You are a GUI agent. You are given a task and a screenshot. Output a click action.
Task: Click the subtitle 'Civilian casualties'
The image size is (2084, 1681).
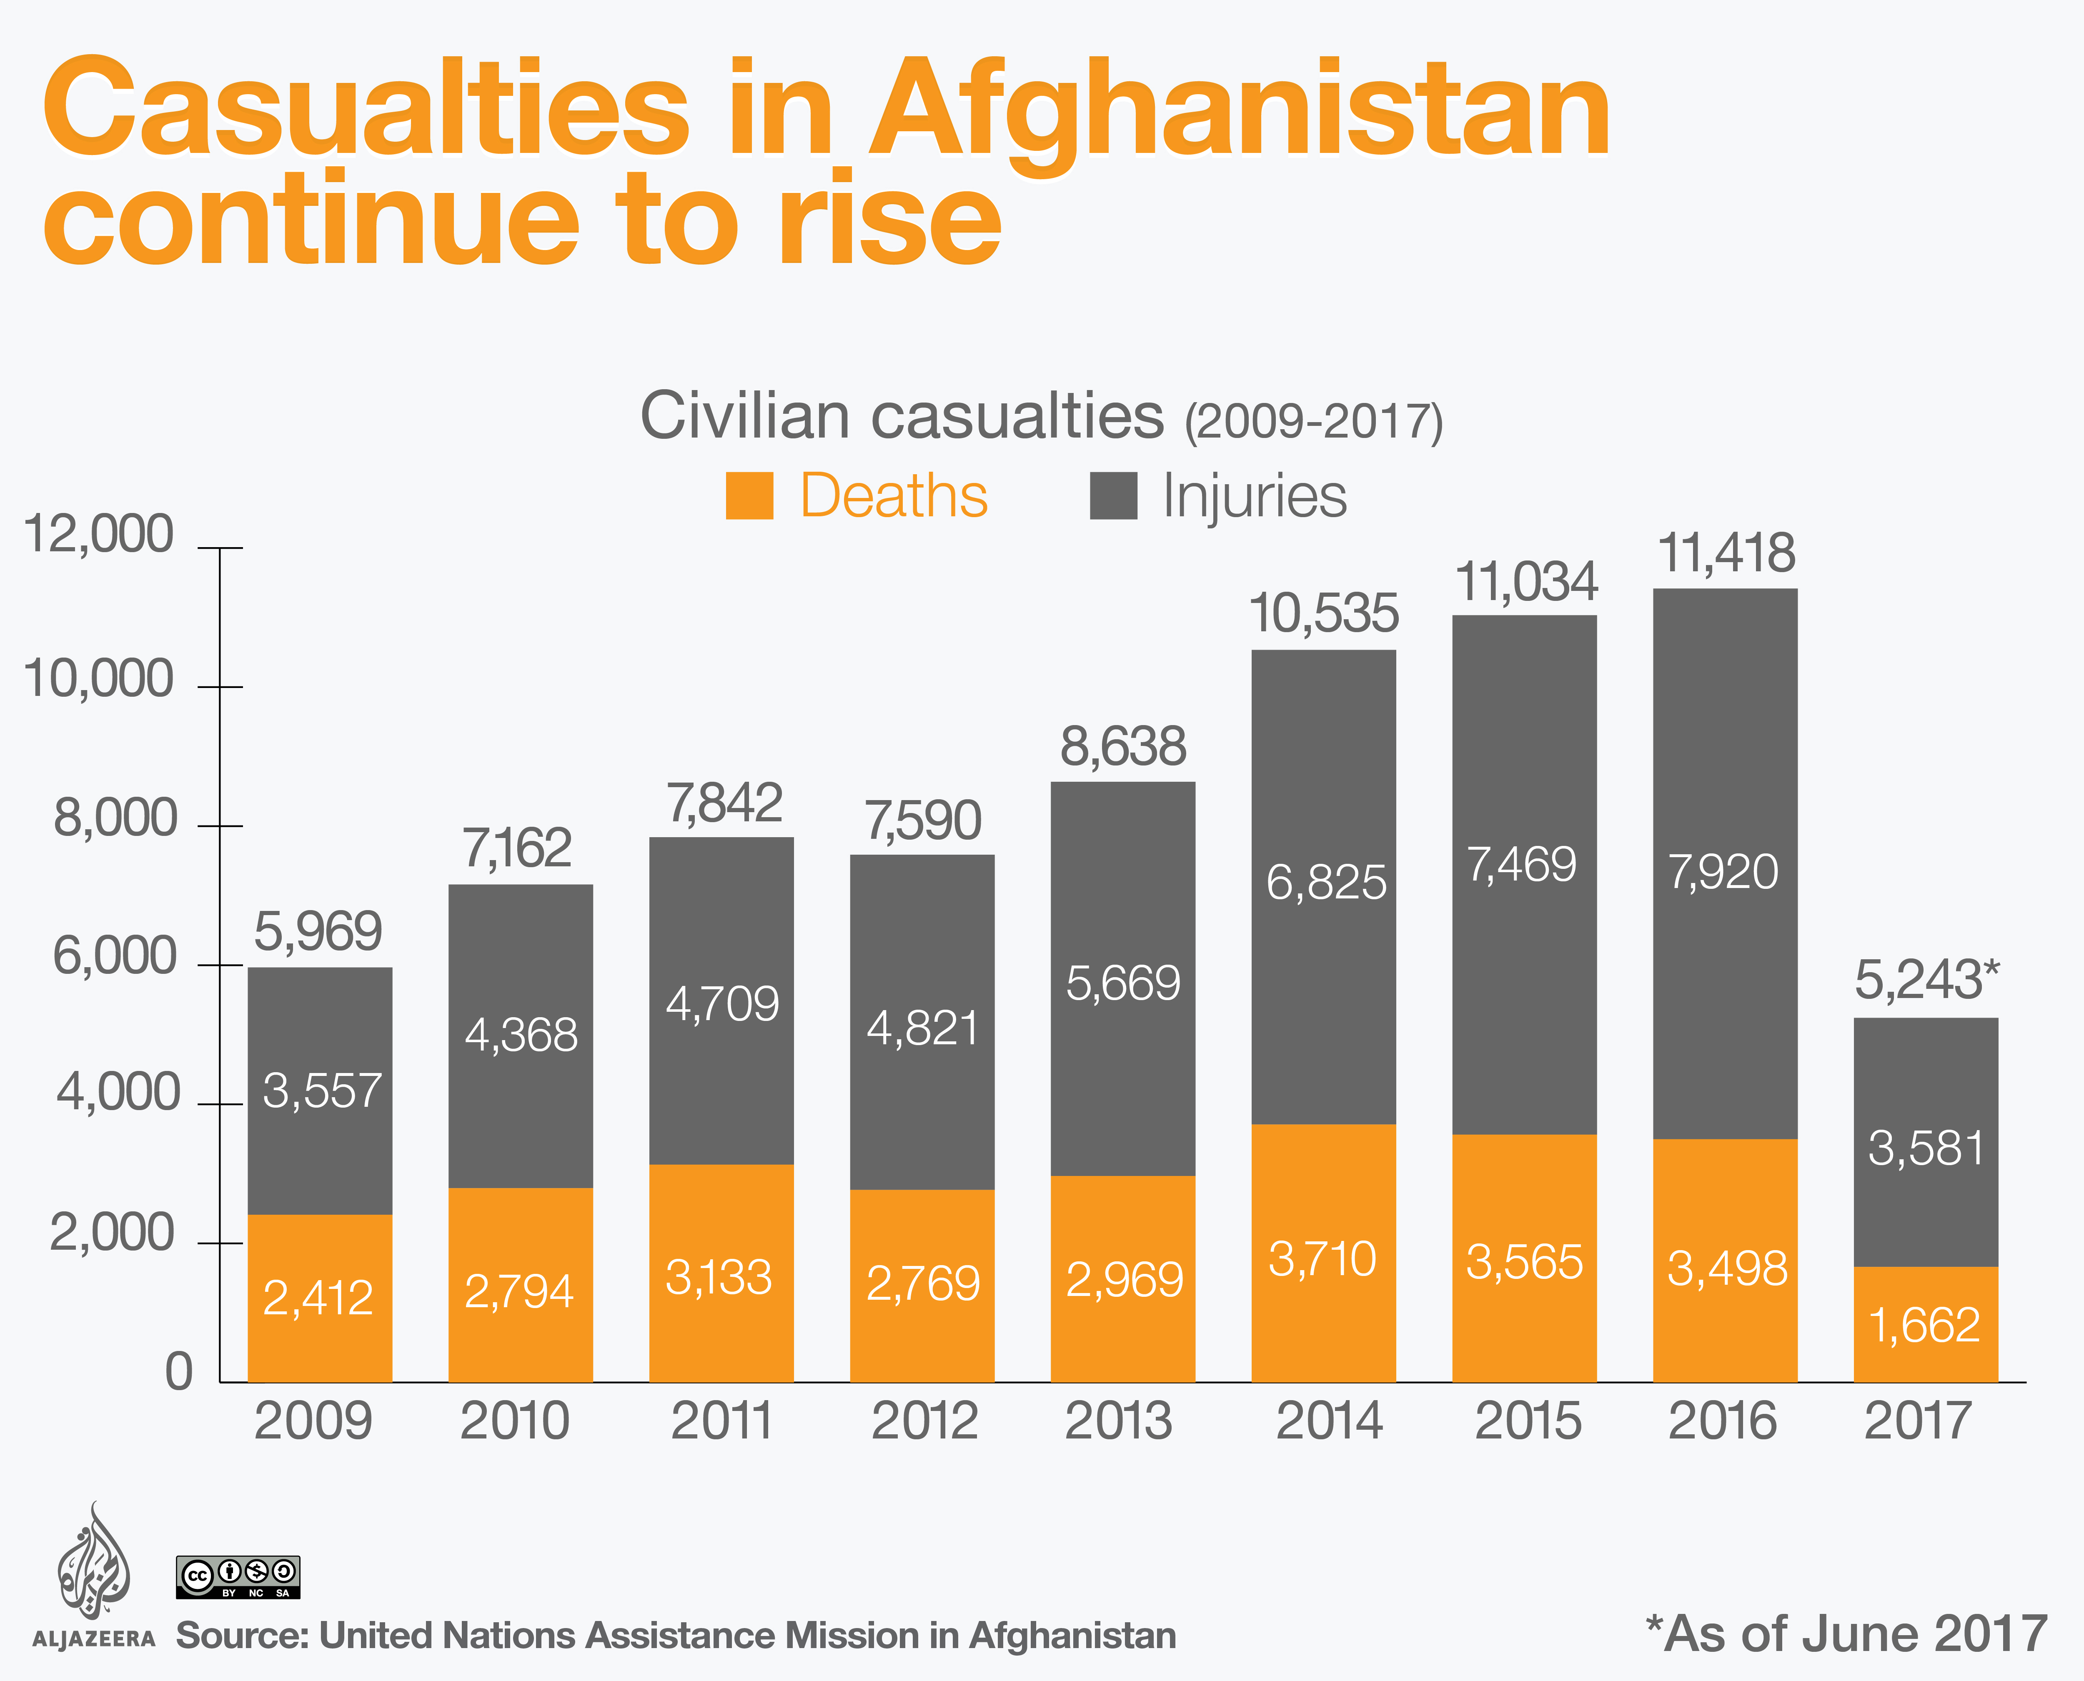pyautogui.click(x=901, y=416)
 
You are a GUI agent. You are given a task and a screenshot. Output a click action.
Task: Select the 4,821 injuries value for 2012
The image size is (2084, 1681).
pyautogui.click(x=922, y=1028)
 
